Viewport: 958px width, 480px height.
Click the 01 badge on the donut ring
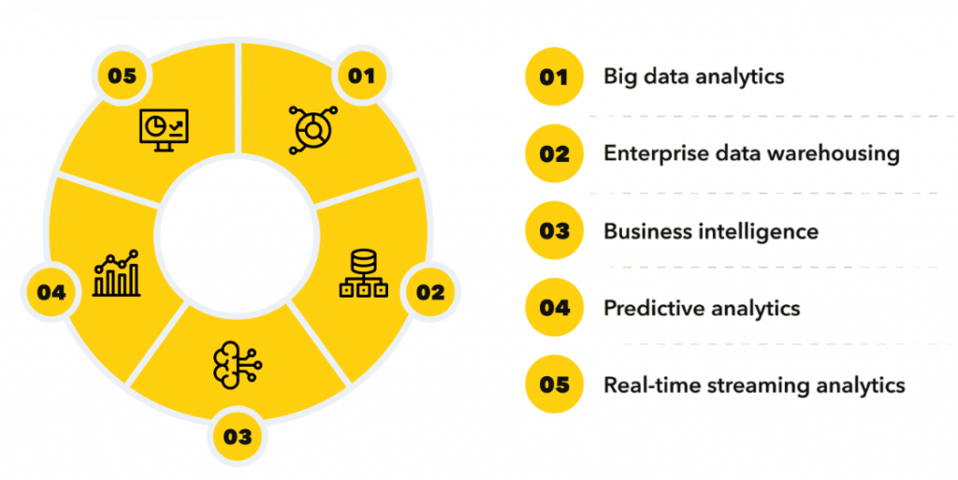pyautogui.click(x=360, y=77)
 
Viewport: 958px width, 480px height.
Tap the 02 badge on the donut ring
pyautogui.click(x=429, y=292)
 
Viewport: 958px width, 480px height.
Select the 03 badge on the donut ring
pyautogui.click(x=237, y=435)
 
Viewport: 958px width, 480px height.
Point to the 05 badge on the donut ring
pyautogui.click(x=122, y=77)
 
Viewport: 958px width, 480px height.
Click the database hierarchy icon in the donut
pyautogui.click(x=363, y=275)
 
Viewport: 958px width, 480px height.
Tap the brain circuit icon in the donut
pyautogui.click(x=238, y=360)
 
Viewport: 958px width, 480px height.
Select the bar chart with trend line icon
pyautogui.click(x=117, y=273)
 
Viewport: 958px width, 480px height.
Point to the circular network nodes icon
pyautogui.click(x=312, y=128)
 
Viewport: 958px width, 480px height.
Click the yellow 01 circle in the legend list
pyautogui.click(x=554, y=77)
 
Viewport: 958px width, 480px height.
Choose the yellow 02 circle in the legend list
pyautogui.click(x=554, y=153)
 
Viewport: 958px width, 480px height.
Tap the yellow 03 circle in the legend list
pyautogui.click(x=554, y=231)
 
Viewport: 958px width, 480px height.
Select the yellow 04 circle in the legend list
pyautogui.click(x=554, y=308)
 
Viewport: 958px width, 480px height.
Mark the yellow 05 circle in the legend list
pyautogui.click(x=554, y=385)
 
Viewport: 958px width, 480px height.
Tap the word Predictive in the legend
pyautogui.click(x=650, y=308)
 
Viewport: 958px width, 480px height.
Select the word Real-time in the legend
pyautogui.click(x=645, y=385)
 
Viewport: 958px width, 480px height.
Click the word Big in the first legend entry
pyautogui.click(x=619, y=77)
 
